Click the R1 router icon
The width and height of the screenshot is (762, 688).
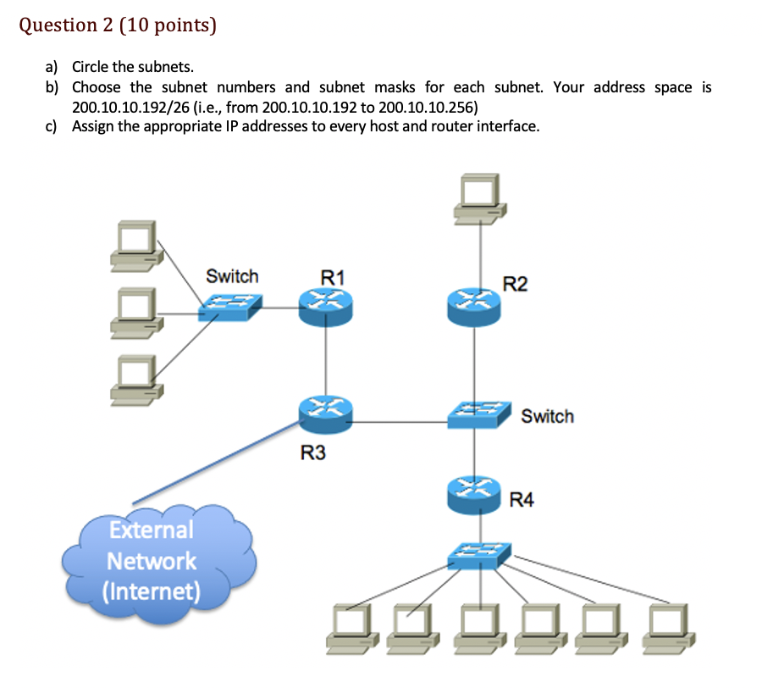(326, 305)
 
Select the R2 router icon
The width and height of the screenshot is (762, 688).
(474, 305)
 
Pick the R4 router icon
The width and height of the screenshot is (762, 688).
(474, 494)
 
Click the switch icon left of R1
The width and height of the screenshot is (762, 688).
(230, 307)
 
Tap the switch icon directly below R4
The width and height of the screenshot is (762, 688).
(479, 556)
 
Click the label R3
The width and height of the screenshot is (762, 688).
(312, 454)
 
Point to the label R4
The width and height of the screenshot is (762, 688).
(522, 500)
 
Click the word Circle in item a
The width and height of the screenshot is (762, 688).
(91, 68)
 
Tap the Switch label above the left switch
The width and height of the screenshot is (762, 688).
(232, 276)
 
